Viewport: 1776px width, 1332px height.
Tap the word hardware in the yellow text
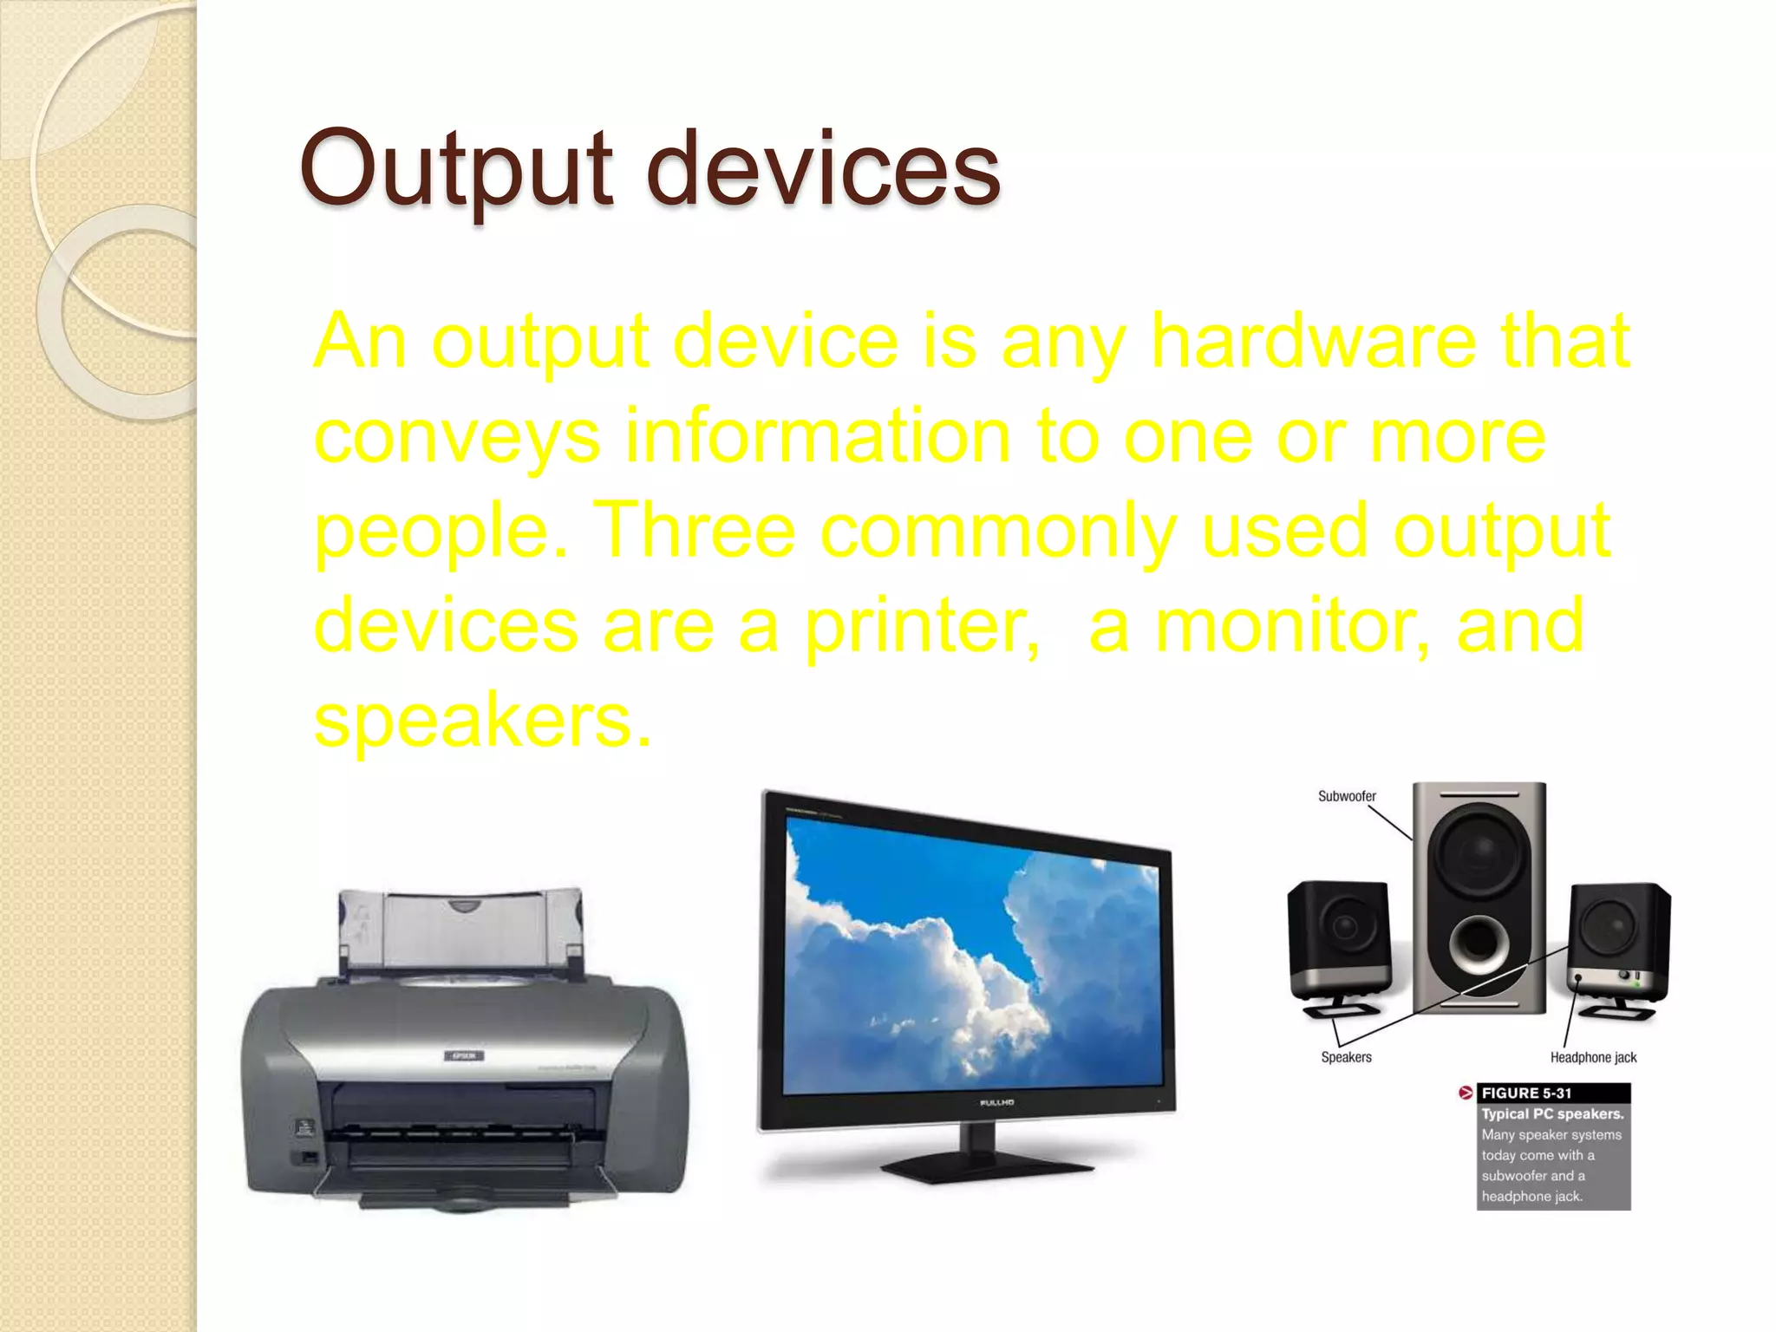pyautogui.click(x=1312, y=341)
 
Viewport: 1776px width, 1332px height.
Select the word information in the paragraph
pyautogui.click(x=818, y=435)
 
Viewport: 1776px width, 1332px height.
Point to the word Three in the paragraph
pyautogui.click(x=695, y=530)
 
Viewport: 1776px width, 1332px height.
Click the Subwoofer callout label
pyautogui.click(x=1347, y=796)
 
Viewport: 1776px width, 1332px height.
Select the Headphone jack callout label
pyautogui.click(x=1593, y=1057)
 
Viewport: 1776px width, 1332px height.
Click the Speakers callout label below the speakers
pyautogui.click(x=1346, y=1057)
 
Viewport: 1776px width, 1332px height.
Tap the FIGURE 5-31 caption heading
pyautogui.click(x=1526, y=1094)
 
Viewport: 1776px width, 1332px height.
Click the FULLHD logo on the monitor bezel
pyautogui.click(x=996, y=1102)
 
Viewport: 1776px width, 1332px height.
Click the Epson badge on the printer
pyautogui.click(x=465, y=1055)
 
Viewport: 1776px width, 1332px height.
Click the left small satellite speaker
pyautogui.click(x=1340, y=941)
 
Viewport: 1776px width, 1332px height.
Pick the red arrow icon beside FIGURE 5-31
pyautogui.click(x=1466, y=1093)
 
